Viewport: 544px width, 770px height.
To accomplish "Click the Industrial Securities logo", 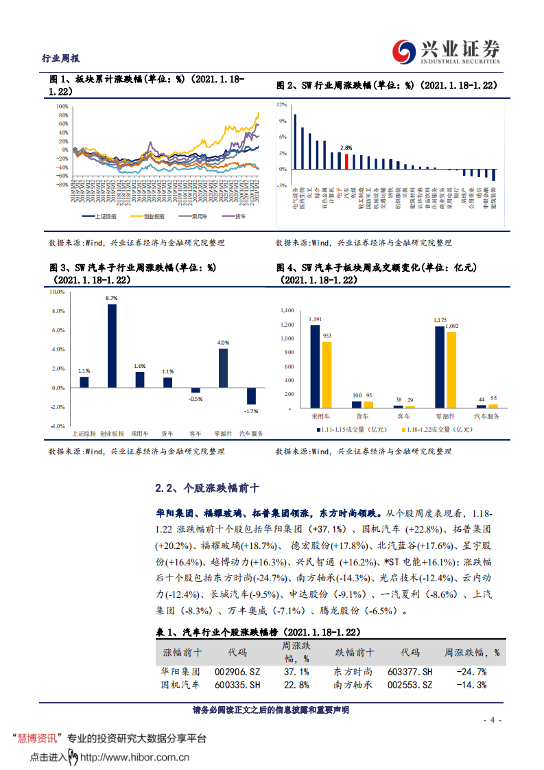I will point(446,49).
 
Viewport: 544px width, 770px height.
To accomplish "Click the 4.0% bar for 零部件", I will point(223,368).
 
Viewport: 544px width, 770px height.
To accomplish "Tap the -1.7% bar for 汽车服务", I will point(251,396).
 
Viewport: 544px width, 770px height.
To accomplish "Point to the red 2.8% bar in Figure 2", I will point(347,161).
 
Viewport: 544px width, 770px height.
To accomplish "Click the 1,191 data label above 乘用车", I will point(316,320).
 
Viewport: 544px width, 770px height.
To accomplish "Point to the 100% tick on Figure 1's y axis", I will point(61,107).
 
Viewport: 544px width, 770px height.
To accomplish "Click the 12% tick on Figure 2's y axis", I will point(281,105).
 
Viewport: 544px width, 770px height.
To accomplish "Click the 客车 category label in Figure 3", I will point(196,434).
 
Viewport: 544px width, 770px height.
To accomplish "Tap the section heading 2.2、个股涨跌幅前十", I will point(207,489).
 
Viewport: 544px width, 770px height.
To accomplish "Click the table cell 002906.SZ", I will point(237,672).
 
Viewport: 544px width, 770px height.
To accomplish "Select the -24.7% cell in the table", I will point(472,672).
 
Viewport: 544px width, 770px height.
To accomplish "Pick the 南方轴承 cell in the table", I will point(353,685).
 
